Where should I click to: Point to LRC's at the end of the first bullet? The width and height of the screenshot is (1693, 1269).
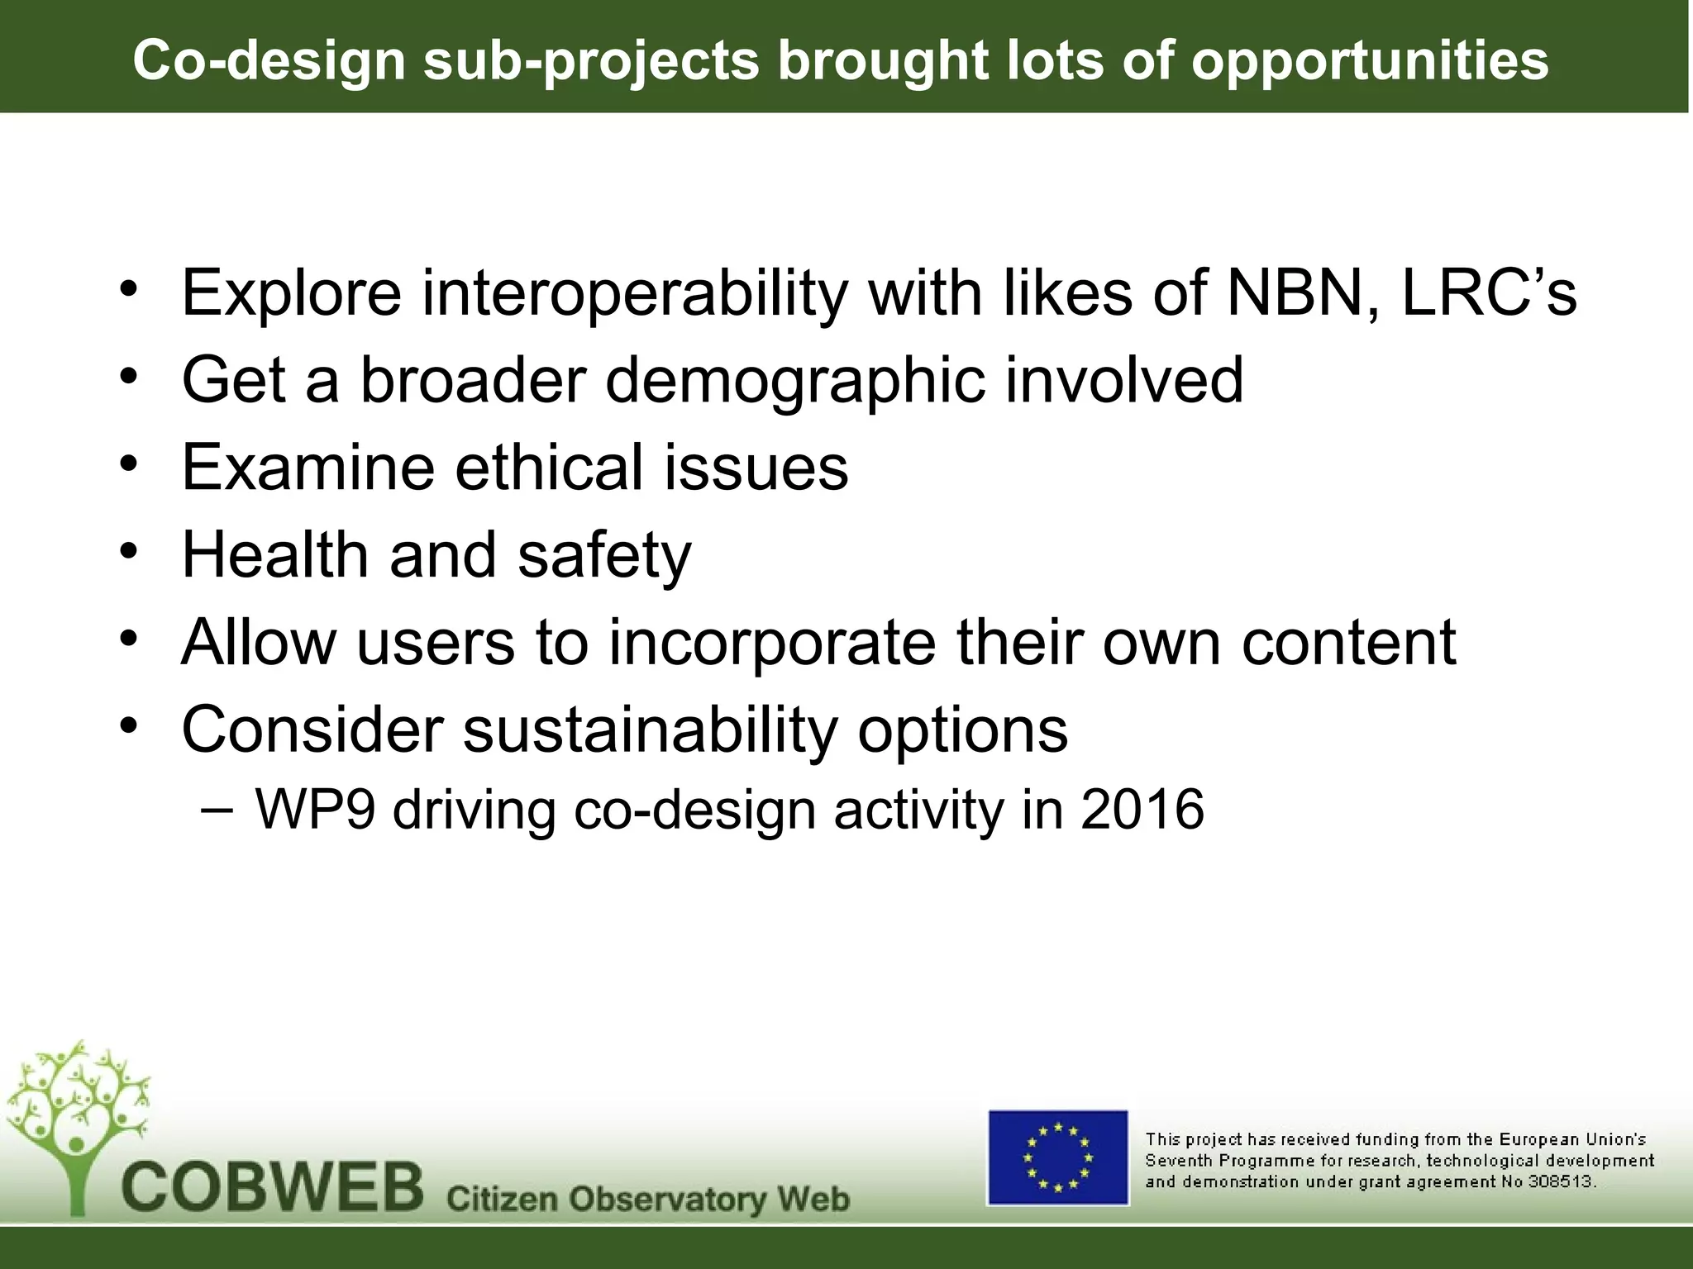[x=1490, y=292]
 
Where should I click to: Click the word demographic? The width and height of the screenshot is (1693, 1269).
[x=795, y=380]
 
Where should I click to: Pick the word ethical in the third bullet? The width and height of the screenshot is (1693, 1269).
[x=550, y=468]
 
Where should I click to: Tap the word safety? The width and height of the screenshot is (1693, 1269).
[x=604, y=555]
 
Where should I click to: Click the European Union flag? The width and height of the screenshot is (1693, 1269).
[x=1057, y=1157]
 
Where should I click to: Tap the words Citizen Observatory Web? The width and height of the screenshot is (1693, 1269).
[x=647, y=1198]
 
